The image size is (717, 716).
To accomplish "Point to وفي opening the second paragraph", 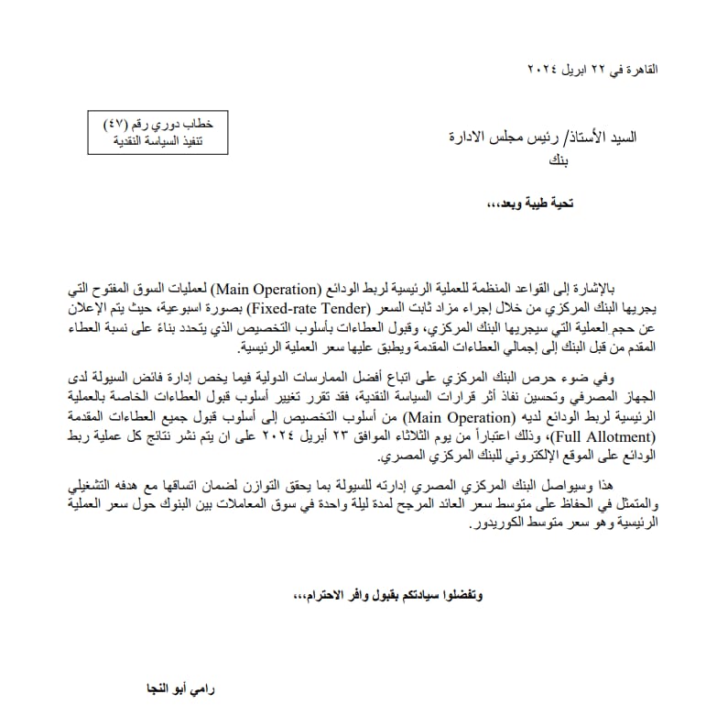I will pyautogui.click(x=619, y=377).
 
